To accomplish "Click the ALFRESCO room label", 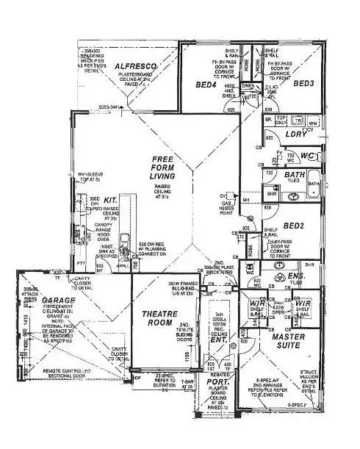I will point(136,67).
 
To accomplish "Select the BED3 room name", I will point(303,84).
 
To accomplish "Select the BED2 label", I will point(293,226).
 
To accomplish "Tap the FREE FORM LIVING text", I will point(162,168).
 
